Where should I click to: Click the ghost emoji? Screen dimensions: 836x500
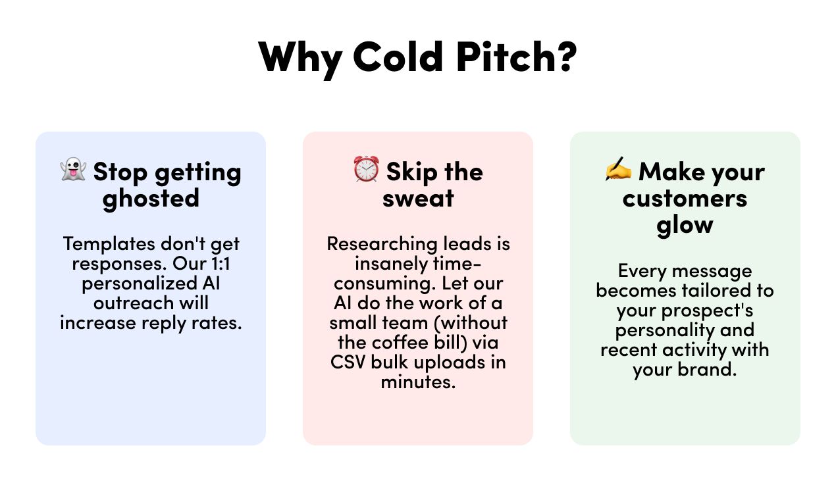click(73, 170)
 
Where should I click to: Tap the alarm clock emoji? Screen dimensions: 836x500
click(366, 169)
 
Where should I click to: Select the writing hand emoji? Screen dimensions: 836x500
click(618, 168)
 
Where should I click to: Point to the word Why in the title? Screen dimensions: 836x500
click(300, 60)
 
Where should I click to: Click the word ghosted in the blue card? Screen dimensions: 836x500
click(151, 199)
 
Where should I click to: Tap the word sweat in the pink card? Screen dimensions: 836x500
click(418, 199)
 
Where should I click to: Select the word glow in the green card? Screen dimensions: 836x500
click(685, 226)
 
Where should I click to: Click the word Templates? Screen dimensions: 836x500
click(109, 244)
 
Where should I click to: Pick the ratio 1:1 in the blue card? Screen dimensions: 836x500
click(221, 264)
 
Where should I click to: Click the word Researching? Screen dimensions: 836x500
click(382, 245)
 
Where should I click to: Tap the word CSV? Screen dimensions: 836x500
click(348, 362)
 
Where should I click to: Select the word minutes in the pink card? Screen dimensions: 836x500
click(418, 382)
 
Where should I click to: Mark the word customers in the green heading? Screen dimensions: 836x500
click(685, 199)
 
